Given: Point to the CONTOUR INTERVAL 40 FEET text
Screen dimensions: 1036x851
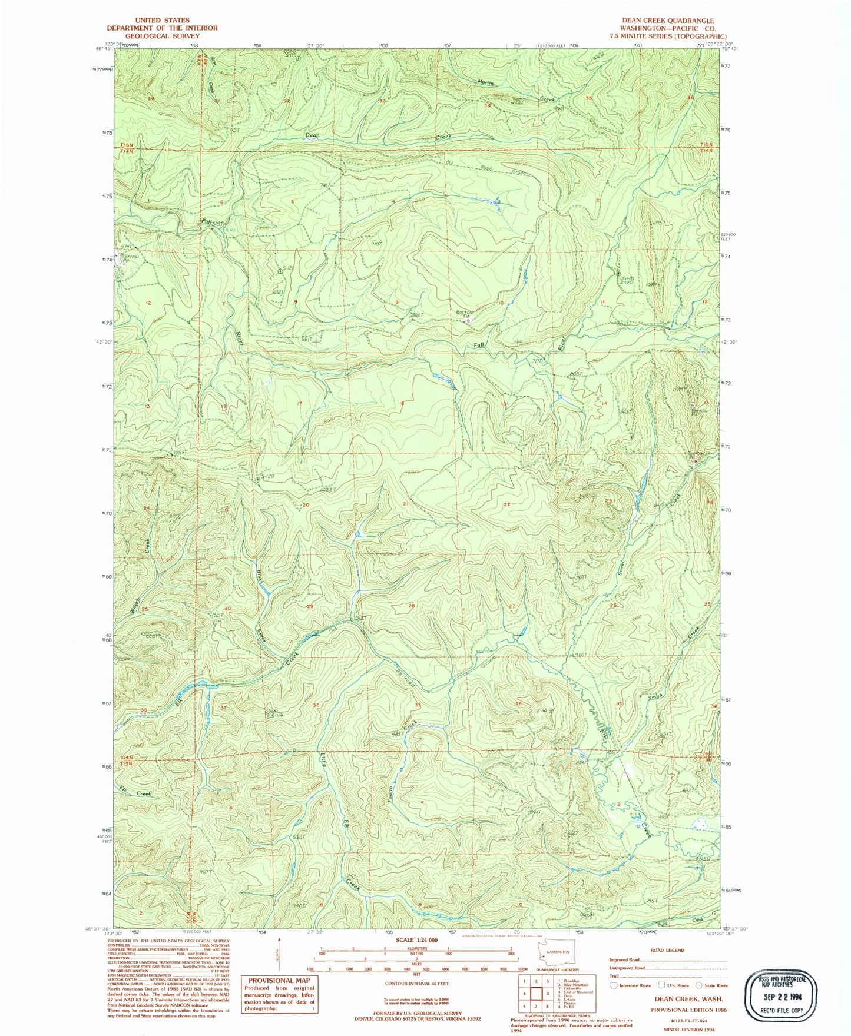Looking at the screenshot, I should tap(416, 984).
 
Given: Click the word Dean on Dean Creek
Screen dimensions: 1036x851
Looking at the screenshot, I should tap(312, 135).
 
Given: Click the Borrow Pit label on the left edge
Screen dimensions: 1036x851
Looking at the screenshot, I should tap(130, 258).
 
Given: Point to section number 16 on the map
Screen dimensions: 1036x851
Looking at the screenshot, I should tap(402, 404).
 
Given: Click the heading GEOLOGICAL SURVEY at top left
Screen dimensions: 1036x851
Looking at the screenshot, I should tap(162, 36).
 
